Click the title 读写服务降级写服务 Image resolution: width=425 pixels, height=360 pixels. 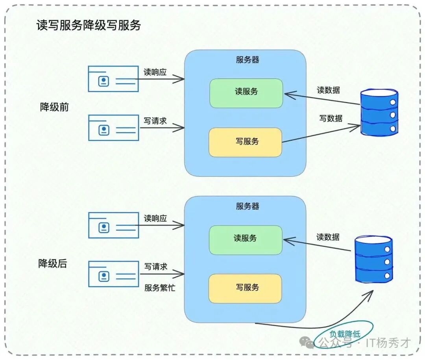89,26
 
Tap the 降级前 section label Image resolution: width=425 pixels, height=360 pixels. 54,107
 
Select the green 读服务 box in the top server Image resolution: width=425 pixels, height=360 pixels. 246,93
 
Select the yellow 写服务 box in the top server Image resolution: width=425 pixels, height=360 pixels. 246,142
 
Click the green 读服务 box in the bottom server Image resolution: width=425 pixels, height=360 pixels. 246,240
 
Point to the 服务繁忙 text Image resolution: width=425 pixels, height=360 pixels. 160,288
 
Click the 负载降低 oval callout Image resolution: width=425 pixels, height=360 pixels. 344,334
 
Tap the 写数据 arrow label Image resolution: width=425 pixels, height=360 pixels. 331,118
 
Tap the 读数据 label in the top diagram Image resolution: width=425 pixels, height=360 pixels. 328,90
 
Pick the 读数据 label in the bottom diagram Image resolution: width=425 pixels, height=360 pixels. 328,237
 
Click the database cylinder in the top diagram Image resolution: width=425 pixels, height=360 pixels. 379,113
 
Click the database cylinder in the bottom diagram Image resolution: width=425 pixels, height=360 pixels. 374,259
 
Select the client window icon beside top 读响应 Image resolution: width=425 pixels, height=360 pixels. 113,79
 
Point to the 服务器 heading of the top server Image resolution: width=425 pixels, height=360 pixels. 248,60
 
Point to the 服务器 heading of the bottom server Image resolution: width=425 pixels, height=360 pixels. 248,206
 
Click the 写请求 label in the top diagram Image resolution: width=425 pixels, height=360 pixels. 155,121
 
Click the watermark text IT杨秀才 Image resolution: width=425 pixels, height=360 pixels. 388,343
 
